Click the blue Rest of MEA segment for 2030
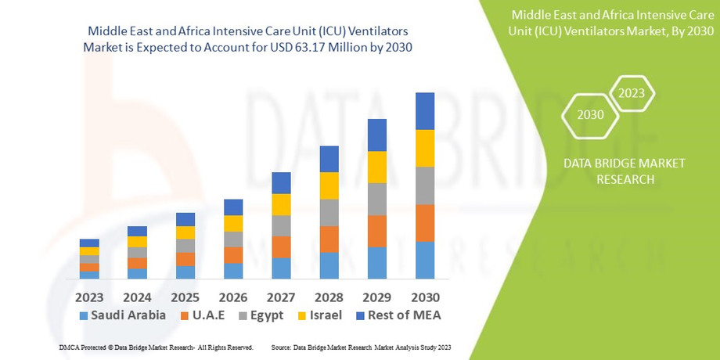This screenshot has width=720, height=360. [425, 111]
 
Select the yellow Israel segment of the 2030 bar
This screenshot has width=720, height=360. [425, 148]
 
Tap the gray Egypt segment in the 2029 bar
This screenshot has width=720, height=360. [377, 199]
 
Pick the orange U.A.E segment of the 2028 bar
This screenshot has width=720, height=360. [329, 239]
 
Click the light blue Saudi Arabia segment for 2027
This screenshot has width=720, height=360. [281, 268]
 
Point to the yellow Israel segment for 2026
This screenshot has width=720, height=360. [233, 223]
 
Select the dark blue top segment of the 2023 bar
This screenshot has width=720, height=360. [89, 243]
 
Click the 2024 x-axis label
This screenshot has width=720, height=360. [137, 297]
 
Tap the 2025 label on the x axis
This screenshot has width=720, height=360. [185, 297]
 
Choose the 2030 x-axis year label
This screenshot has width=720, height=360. [425, 297]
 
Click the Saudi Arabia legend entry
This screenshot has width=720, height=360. [122, 315]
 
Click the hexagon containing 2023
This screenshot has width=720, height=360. [631, 93]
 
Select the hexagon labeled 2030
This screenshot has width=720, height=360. [590, 114]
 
